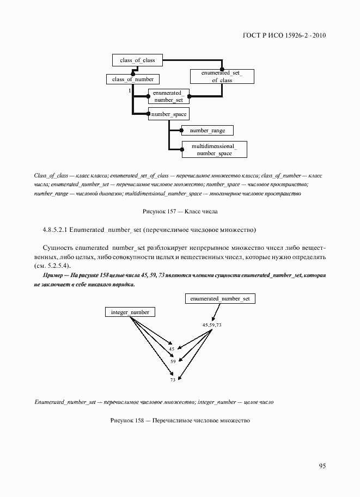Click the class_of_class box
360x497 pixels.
tap(137, 60)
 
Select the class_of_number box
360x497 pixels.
tap(132, 79)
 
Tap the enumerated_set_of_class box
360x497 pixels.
tap(222, 76)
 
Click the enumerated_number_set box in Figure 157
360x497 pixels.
tap(169, 96)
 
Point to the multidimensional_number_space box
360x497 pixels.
tap(213, 150)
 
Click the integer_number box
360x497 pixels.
tap(130, 312)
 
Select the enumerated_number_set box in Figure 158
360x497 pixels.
tap(220, 299)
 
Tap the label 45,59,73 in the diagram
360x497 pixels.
tap(211, 325)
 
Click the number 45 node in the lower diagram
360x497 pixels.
tap(172, 349)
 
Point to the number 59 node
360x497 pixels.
tap(173, 361)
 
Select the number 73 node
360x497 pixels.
tap(173, 380)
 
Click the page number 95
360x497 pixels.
tap(322, 466)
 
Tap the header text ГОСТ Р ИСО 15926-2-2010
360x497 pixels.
tap(284, 36)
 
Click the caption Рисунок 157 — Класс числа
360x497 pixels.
tap(180, 211)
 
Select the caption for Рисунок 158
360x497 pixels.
tap(180, 421)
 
